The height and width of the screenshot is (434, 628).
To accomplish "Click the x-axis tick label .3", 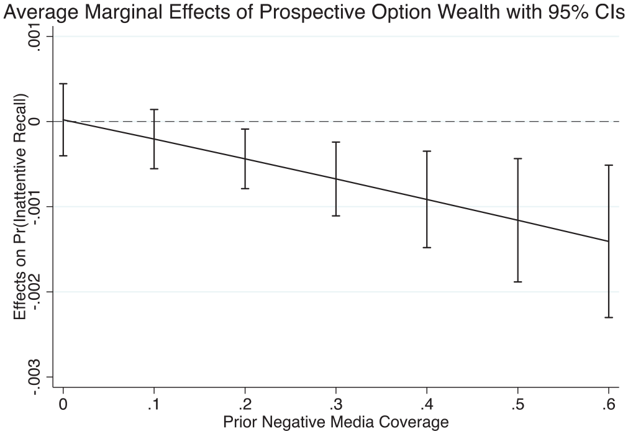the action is tap(335, 405).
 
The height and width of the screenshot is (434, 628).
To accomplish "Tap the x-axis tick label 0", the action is tap(63, 405).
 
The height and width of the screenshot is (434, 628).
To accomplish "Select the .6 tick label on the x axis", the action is tap(608, 405).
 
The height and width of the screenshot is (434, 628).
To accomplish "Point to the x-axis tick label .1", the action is tap(154, 405).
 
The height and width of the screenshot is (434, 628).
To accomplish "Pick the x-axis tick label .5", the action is tap(517, 405).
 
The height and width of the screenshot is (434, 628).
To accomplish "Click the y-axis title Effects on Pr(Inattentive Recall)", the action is tap(20, 207).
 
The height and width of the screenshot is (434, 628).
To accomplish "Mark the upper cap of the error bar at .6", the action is tap(608, 165).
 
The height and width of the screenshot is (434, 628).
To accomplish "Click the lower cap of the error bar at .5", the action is tap(517, 282).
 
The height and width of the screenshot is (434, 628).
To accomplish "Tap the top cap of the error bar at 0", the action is tap(63, 84).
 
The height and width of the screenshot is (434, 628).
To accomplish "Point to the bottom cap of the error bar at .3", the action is tap(335, 216).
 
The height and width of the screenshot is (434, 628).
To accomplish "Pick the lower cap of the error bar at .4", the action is tap(427, 248).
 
